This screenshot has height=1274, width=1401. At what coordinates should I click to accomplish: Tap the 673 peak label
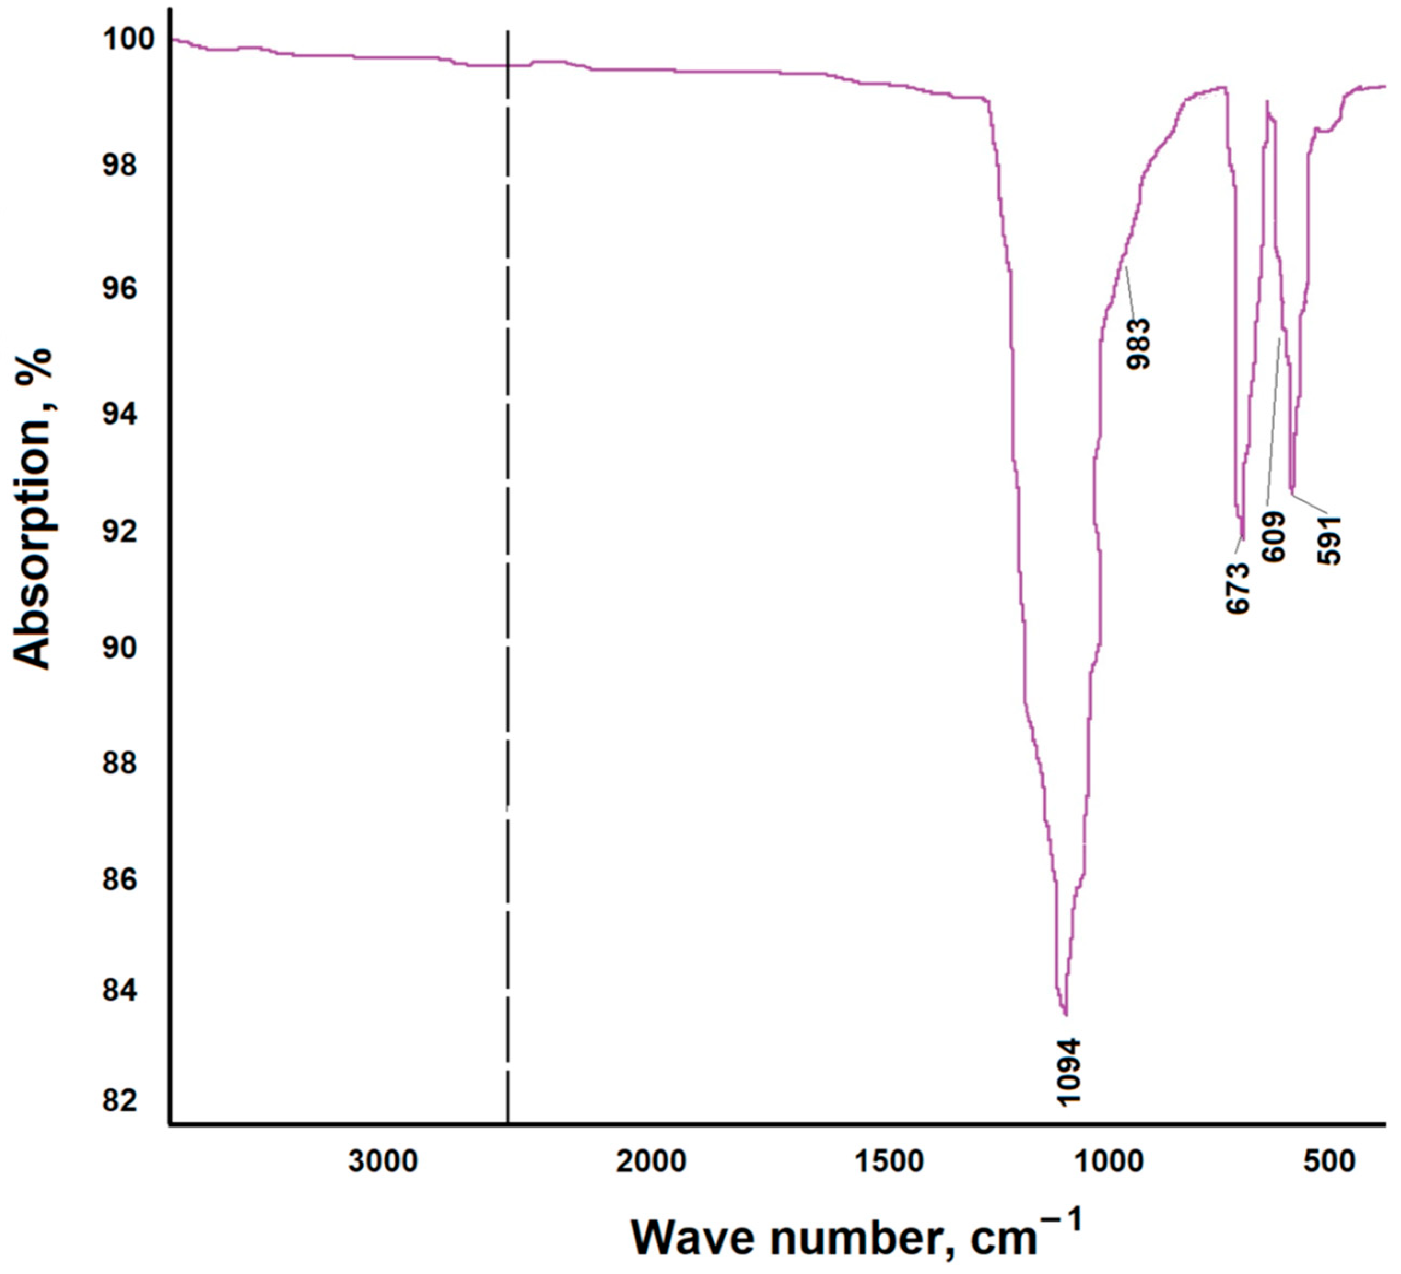pyautogui.click(x=1238, y=588)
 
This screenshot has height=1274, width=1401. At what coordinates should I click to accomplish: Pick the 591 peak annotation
pyautogui.click(x=1329, y=540)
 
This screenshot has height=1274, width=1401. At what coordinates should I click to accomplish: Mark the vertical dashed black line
pyautogui.click(x=508, y=556)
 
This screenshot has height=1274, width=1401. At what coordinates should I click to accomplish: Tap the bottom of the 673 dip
pyautogui.click(x=1243, y=539)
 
